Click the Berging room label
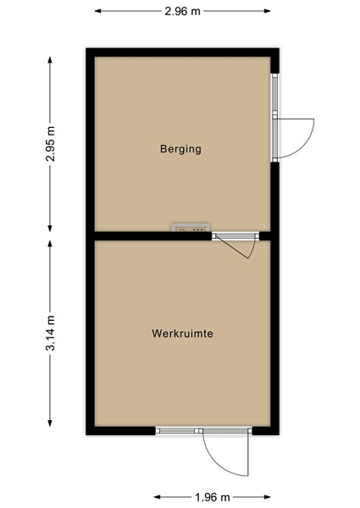pos(180,149)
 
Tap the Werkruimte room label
pos(182,334)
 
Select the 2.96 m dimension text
pos(182,11)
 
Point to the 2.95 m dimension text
pos(50,144)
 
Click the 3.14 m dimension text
pos(50,333)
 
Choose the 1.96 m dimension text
pos(213,497)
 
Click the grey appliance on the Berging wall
pos(191,227)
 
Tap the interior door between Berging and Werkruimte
pos(235,246)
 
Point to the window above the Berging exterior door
pos(274,94)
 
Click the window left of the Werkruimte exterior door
pos(177,431)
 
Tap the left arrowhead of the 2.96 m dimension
pos(97,11)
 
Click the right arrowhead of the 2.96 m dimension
pos(268,11)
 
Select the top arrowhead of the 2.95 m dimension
pos(50,60)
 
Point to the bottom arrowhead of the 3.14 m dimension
pos(50,422)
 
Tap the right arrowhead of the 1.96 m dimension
pos(268,497)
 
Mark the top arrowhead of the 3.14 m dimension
pos(50,244)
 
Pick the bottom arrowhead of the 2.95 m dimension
pos(50,229)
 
